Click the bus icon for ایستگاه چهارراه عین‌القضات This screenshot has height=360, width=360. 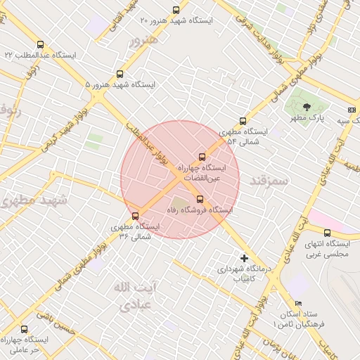(202, 157)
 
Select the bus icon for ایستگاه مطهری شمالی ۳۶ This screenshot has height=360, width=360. (136, 215)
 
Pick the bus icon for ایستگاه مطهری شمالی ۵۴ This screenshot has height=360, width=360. (243, 121)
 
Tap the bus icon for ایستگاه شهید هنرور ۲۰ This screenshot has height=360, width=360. (176, 10)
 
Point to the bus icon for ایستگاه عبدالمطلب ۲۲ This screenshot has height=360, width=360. (39, 43)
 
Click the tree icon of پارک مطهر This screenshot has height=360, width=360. (306, 107)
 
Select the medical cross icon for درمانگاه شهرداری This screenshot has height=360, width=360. (244, 258)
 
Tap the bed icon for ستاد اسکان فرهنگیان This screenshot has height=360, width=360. (299, 304)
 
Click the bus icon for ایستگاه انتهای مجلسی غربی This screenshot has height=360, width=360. (327, 233)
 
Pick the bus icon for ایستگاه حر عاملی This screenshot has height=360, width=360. (25, 329)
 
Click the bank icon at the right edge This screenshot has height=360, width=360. (352, 110)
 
